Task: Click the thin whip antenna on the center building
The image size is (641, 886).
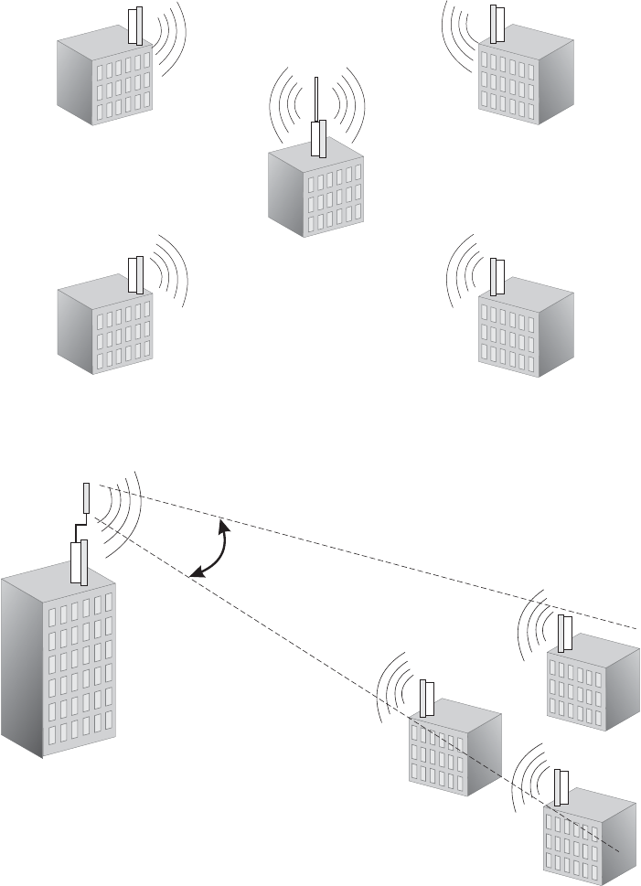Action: (315, 99)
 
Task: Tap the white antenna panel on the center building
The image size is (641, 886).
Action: (317, 139)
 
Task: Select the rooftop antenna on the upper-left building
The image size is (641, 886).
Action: (135, 26)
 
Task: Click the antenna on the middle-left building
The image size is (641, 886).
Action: (135, 275)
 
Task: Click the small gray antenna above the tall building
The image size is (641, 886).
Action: (86, 498)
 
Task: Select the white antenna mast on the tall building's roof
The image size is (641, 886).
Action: (79, 560)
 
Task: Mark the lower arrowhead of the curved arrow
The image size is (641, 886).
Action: (193, 575)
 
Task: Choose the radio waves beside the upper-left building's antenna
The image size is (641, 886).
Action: (169, 37)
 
